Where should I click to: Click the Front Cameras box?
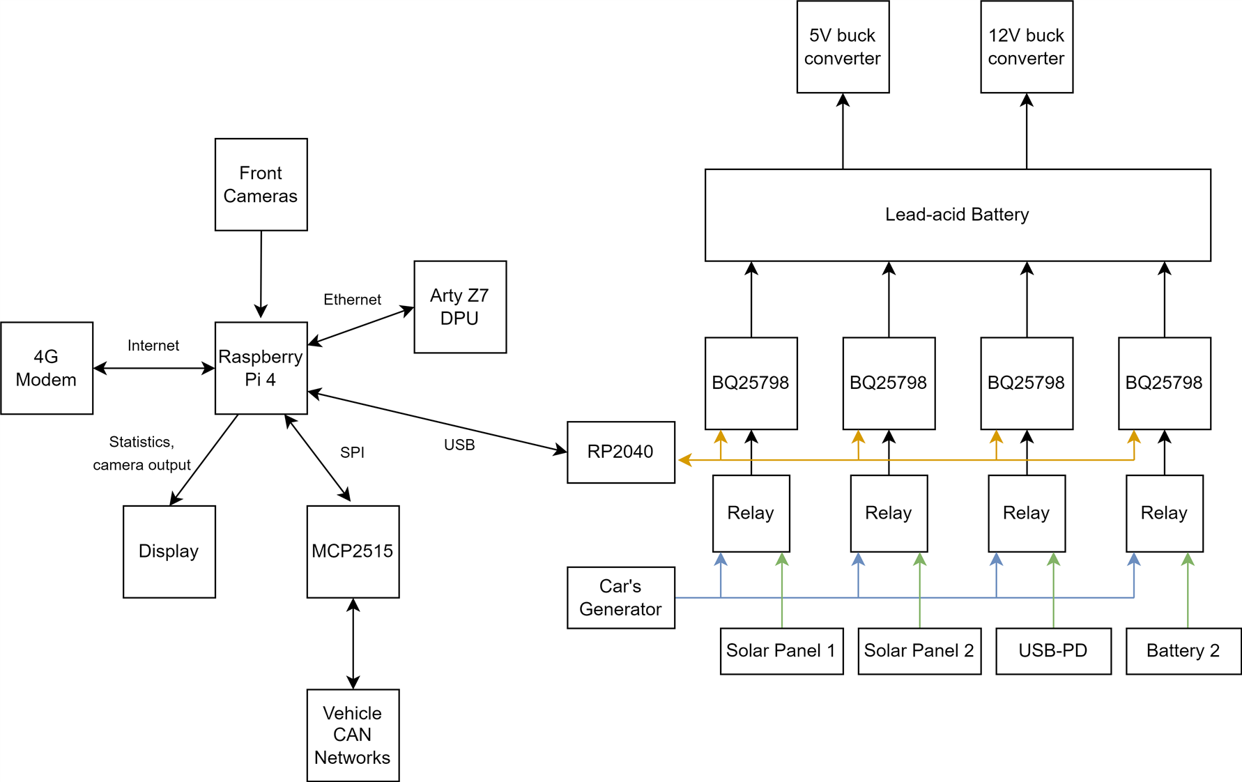(x=261, y=185)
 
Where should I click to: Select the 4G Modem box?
(x=47, y=368)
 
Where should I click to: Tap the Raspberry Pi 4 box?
(x=261, y=368)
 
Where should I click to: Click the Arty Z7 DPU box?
(x=460, y=307)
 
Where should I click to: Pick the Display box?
(x=169, y=551)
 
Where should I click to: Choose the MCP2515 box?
(x=353, y=551)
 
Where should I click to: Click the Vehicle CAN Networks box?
(x=353, y=735)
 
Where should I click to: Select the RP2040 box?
(x=620, y=452)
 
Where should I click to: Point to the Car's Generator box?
(x=620, y=597)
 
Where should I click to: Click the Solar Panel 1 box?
(x=781, y=651)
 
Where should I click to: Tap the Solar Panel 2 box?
(x=919, y=651)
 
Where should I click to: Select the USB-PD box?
(x=1052, y=651)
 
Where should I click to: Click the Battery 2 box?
(x=1183, y=651)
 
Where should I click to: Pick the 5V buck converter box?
(x=843, y=47)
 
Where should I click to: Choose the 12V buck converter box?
(x=1026, y=47)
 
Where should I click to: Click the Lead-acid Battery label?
(x=957, y=215)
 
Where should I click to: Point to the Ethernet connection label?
(x=352, y=300)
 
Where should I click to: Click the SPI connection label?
(x=352, y=452)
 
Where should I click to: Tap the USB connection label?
(x=459, y=445)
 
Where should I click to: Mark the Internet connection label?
(x=153, y=346)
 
